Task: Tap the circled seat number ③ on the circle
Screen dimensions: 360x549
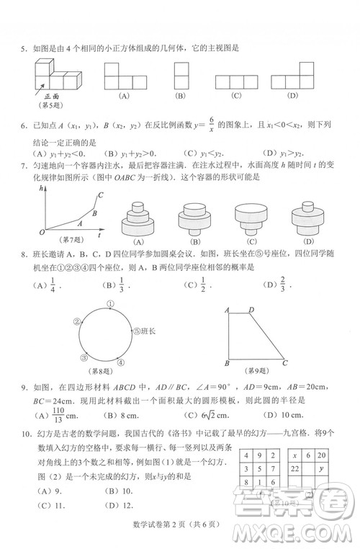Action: [84, 357]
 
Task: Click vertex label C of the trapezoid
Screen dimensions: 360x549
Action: [286, 363]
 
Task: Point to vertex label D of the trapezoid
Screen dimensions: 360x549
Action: [251, 310]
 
